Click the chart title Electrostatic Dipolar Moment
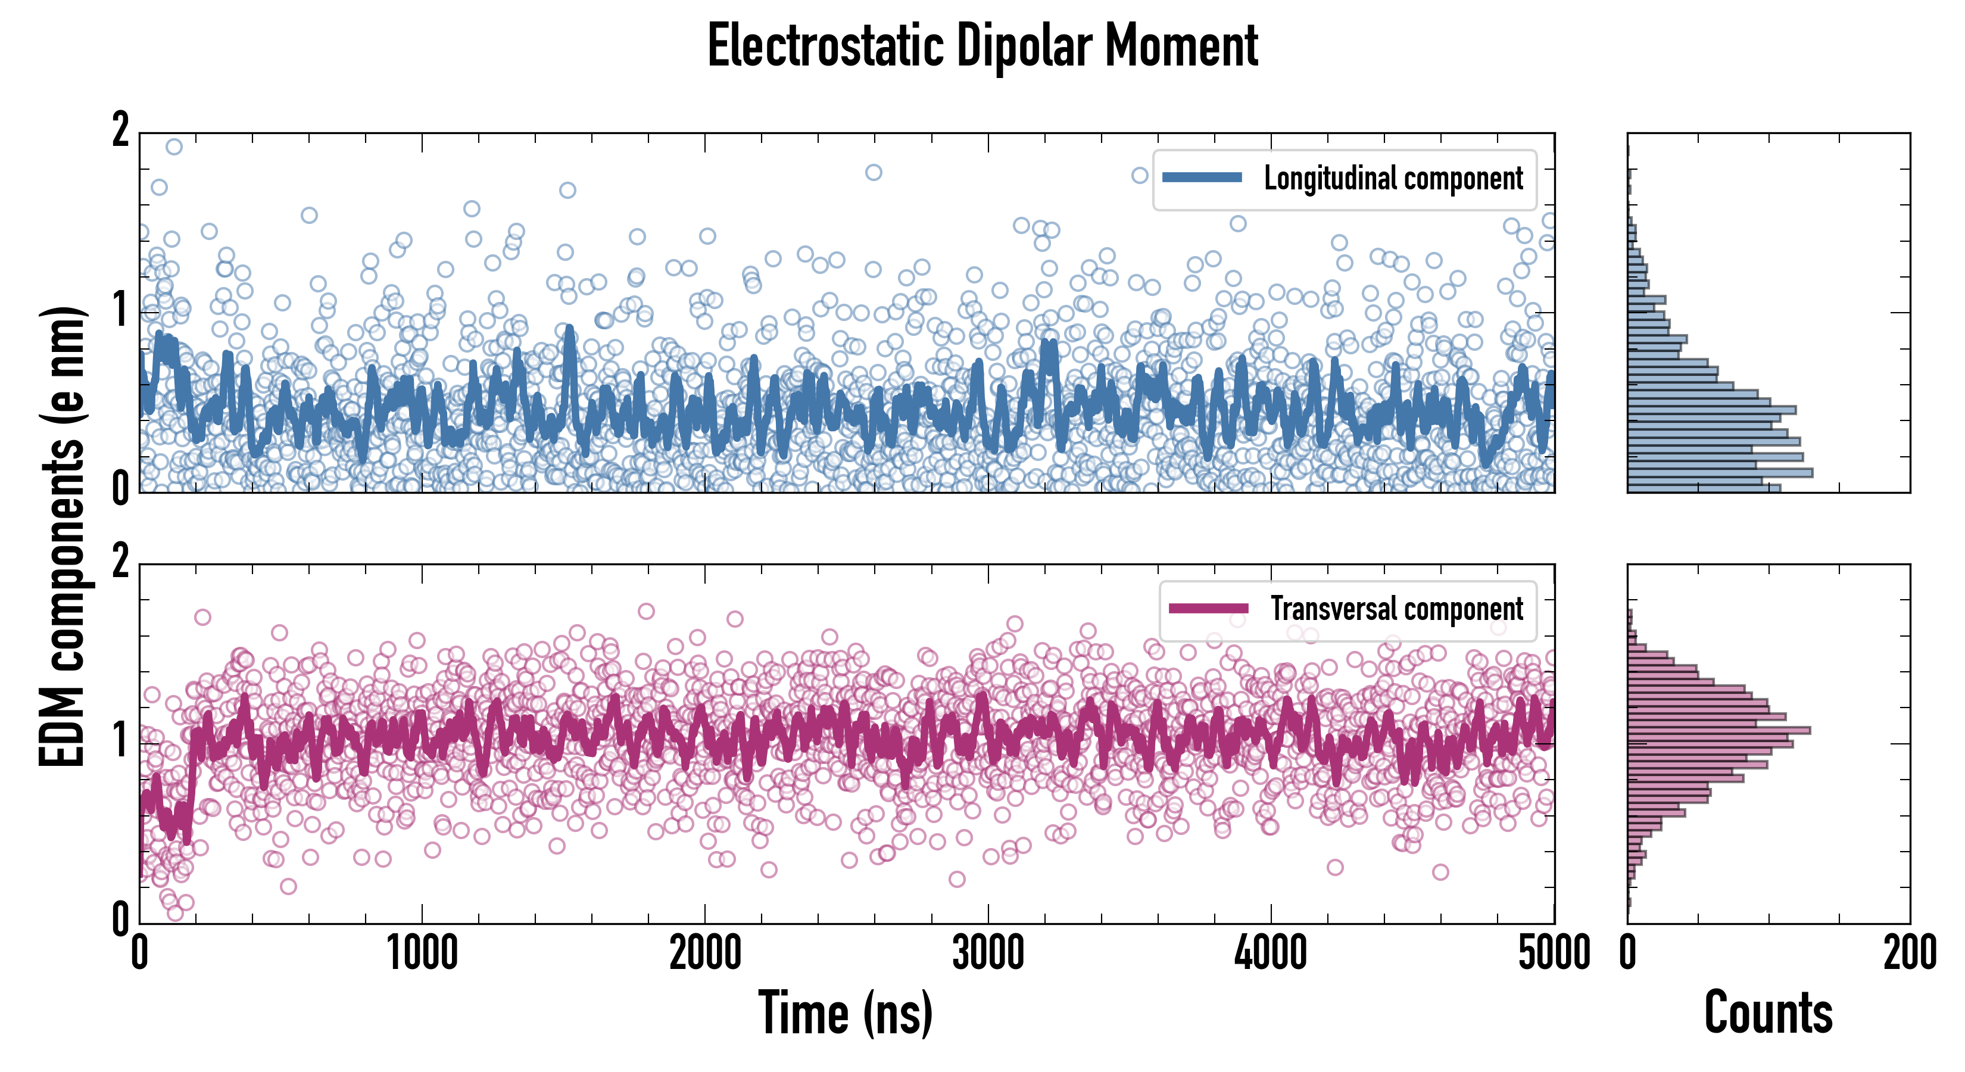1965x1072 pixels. (982, 47)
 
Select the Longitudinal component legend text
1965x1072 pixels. (1393, 179)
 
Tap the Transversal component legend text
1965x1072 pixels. (1397, 609)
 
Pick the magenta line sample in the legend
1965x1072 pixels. (1208, 608)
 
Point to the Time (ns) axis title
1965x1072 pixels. (845, 1012)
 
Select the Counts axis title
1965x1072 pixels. (1768, 1012)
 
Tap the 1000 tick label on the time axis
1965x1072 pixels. (422, 953)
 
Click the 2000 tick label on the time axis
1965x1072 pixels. (705, 953)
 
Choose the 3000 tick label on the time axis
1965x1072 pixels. (988, 953)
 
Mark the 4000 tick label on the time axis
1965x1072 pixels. (1271, 953)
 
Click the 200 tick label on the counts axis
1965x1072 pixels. (1909, 953)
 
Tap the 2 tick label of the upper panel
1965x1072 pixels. (120, 131)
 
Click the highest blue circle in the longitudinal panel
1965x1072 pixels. (174, 147)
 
